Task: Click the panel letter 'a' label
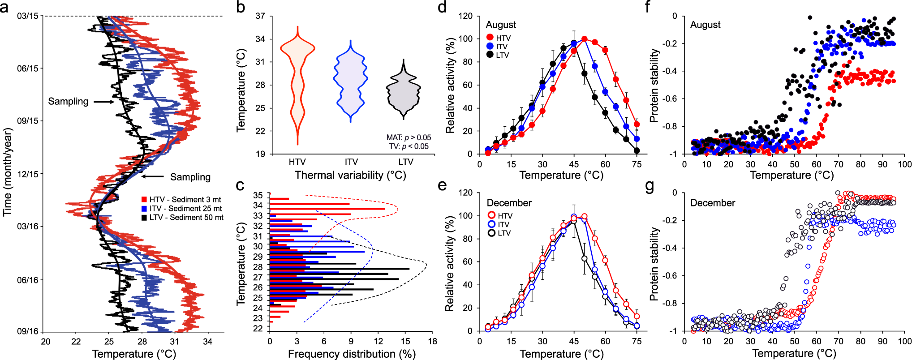(5, 8)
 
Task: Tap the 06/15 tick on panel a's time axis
(28, 69)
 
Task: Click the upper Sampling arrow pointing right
(104, 102)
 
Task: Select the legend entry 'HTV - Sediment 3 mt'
(185, 200)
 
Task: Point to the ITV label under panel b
(351, 162)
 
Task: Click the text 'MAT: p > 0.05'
(409, 137)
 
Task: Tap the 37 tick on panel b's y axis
(260, 16)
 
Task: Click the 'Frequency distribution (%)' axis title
(351, 354)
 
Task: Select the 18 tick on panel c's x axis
(432, 341)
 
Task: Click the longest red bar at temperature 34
(327, 209)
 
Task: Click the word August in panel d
(501, 25)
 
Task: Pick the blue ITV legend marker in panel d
(490, 47)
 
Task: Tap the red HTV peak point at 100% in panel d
(585, 39)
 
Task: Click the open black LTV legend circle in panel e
(491, 233)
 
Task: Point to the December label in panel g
(712, 203)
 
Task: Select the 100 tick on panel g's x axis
(904, 341)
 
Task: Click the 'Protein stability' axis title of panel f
(654, 86)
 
